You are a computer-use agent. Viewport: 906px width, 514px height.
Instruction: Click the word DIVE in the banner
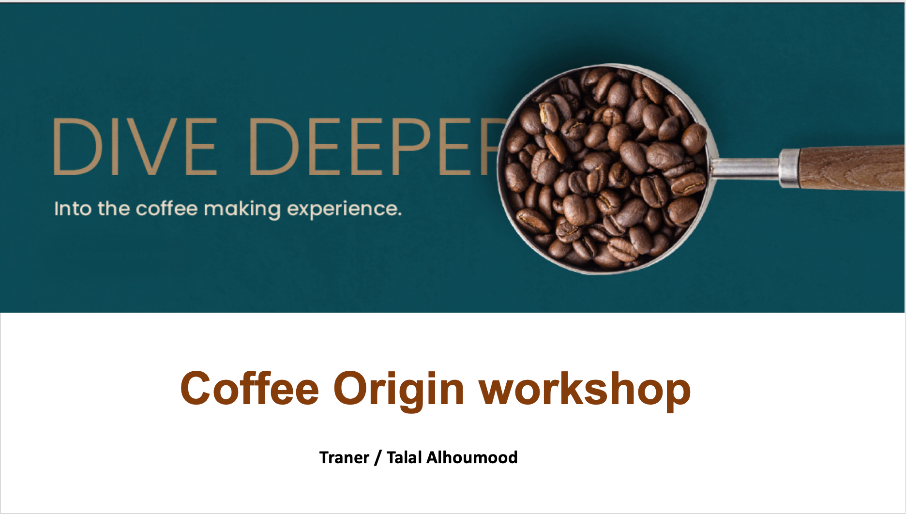135,146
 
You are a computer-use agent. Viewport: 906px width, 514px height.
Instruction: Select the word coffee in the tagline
166,209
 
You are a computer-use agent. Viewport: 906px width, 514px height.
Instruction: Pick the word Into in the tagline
73,209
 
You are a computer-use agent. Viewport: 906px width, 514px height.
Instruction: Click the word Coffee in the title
250,388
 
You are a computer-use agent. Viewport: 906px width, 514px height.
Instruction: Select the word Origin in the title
399,390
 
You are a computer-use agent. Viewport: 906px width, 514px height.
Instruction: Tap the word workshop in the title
585,390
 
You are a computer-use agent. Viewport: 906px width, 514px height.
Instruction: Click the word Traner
344,457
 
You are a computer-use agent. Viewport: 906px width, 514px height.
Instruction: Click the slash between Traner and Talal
377,458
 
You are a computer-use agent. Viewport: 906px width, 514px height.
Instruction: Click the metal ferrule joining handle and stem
789,168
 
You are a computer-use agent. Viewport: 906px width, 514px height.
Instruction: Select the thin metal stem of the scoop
745,168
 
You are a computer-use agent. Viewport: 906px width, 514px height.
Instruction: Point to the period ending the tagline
399,214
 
